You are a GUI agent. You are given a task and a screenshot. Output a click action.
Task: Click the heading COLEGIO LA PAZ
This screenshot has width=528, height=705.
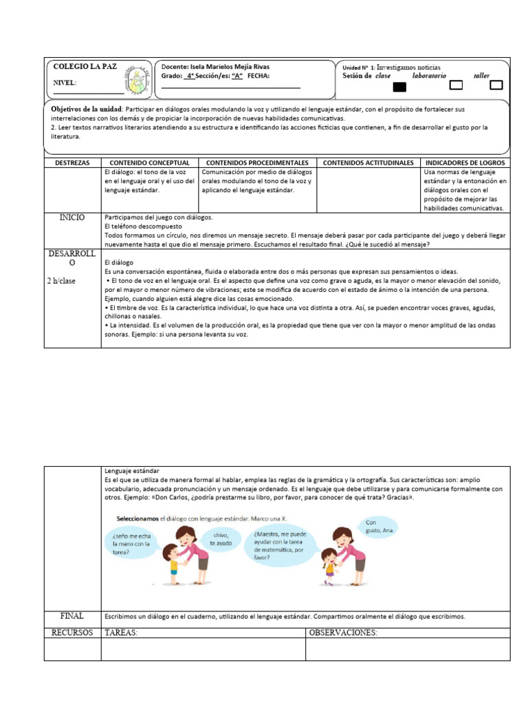point(85,67)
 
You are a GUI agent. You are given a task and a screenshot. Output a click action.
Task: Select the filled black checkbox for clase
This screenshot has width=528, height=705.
point(399,87)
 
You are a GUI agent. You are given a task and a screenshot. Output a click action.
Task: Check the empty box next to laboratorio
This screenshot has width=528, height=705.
point(455,85)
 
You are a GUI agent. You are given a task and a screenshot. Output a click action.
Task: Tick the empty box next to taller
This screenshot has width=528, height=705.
point(496,85)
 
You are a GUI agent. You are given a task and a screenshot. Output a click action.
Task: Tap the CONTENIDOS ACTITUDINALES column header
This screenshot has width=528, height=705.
point(368,162)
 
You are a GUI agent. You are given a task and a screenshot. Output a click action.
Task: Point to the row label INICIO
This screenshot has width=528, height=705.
point(72,218)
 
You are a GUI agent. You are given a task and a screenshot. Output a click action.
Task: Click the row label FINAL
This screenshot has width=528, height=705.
point(72,615)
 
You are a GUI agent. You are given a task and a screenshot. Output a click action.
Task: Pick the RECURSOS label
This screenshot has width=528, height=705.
point(72,633)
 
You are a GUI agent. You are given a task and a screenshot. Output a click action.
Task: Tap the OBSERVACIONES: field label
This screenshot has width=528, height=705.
point(343,633)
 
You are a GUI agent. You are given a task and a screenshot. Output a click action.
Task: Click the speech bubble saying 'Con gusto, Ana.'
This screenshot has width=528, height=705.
point(379,527)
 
